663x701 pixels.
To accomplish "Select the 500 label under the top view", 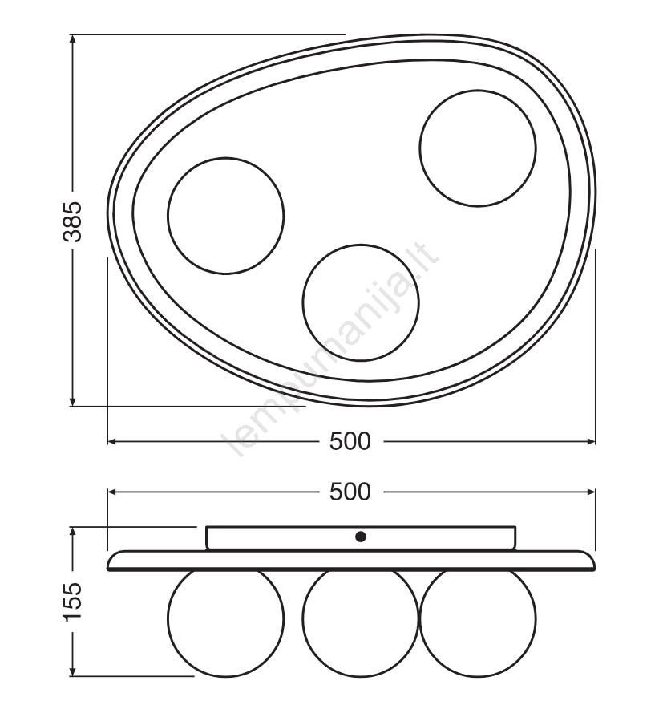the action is click(350, 441).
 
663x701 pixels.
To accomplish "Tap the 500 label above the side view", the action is click(350, 492).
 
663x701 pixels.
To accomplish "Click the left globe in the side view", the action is click(168, 619).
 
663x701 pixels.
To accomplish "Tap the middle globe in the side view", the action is click(302, 619).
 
